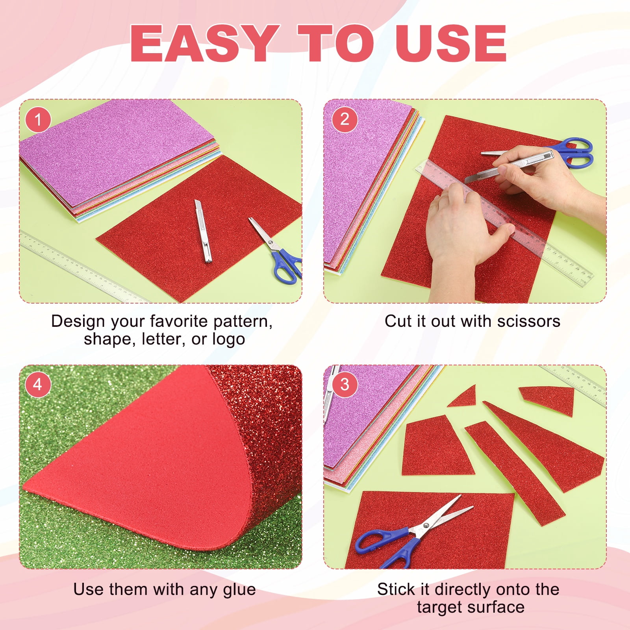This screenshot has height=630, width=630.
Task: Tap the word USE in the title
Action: coord(451,43)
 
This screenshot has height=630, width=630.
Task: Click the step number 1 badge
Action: coord(38,119)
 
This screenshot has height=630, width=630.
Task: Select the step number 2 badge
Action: coord(345,119)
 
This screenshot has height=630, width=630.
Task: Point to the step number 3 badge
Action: coord(345,384)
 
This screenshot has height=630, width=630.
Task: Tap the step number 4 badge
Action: coord(38,384)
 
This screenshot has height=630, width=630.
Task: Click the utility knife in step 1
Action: coord(203,231)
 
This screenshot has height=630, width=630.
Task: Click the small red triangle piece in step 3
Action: coord(463,397)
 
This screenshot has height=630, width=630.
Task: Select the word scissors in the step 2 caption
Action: coord(528,321)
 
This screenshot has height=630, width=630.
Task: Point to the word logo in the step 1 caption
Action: coord(229,339)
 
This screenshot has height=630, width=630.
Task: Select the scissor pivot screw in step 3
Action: coord(425,525)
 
